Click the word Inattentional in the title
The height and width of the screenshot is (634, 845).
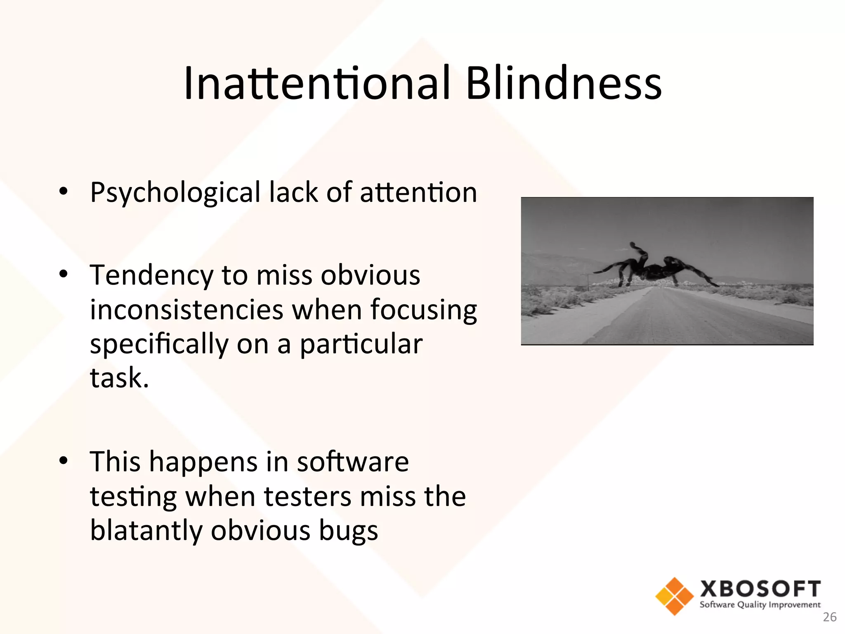point(316,83)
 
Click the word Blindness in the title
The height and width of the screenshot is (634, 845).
point(563,83)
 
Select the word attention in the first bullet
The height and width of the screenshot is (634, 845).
point(418,192)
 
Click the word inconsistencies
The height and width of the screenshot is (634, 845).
point(186,310)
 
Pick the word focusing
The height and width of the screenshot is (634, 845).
point(423,310)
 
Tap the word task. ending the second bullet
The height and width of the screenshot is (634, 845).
point(119,378)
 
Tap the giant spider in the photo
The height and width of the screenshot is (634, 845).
point(656,268)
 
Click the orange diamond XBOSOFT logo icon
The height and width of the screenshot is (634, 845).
point(675,596)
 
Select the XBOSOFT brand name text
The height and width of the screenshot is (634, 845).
point(760,589)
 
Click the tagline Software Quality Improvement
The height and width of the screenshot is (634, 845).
point(760,605)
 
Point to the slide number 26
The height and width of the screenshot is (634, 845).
point(830,617)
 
